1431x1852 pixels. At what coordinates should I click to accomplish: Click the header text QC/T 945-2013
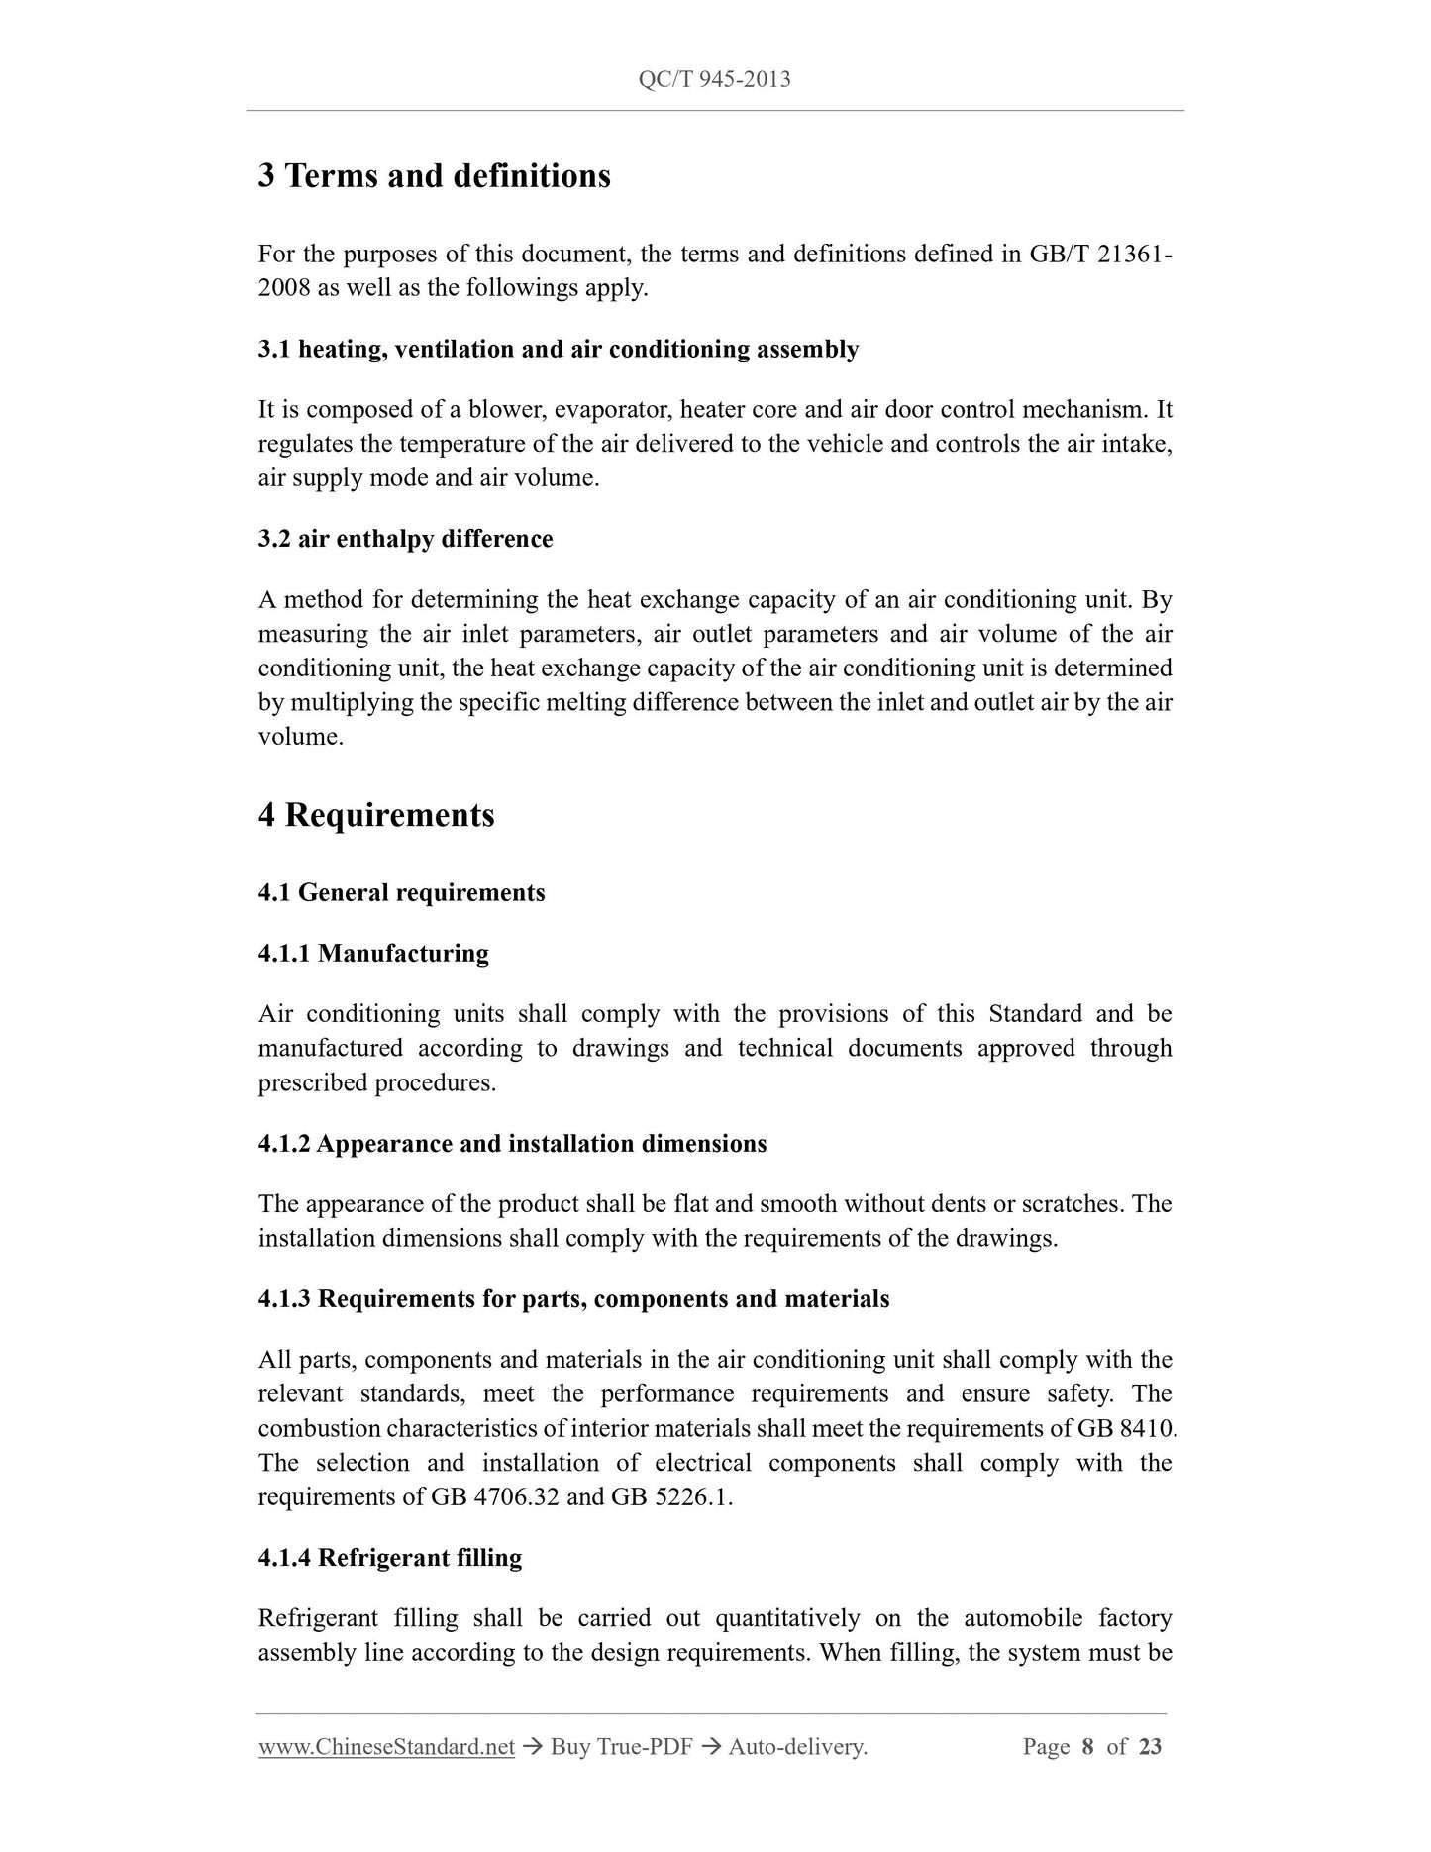point(714,79)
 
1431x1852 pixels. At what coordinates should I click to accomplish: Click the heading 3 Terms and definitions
point(434,176)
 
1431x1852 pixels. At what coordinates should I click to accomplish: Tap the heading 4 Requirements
point(376,815)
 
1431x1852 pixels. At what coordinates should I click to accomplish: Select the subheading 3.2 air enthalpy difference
point(405,539)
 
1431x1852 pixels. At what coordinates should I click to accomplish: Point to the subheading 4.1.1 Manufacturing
point(373,954)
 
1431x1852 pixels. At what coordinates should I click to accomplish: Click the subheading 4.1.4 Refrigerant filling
point(390,1558)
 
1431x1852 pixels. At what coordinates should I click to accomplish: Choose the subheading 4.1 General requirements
point(401,893)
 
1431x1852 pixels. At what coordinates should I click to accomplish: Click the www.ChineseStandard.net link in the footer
point(386,1747)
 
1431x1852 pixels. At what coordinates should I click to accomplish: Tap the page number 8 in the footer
point(1087,1747)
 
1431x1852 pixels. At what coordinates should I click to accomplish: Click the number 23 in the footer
point(1150,1747)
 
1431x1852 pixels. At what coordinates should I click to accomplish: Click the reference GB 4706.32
point(495,1497)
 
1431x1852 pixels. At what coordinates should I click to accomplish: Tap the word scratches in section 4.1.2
point(1071,1204)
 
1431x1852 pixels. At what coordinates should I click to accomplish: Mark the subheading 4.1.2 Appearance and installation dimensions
point(512,1144)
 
